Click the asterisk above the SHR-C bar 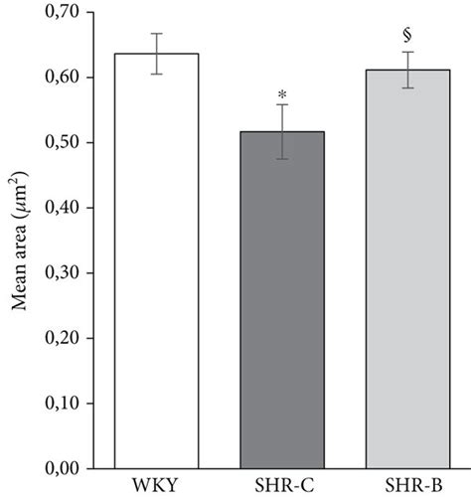tap(282, 93)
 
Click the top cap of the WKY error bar tap(156, 34)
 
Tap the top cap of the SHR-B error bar tap(407, 52)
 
